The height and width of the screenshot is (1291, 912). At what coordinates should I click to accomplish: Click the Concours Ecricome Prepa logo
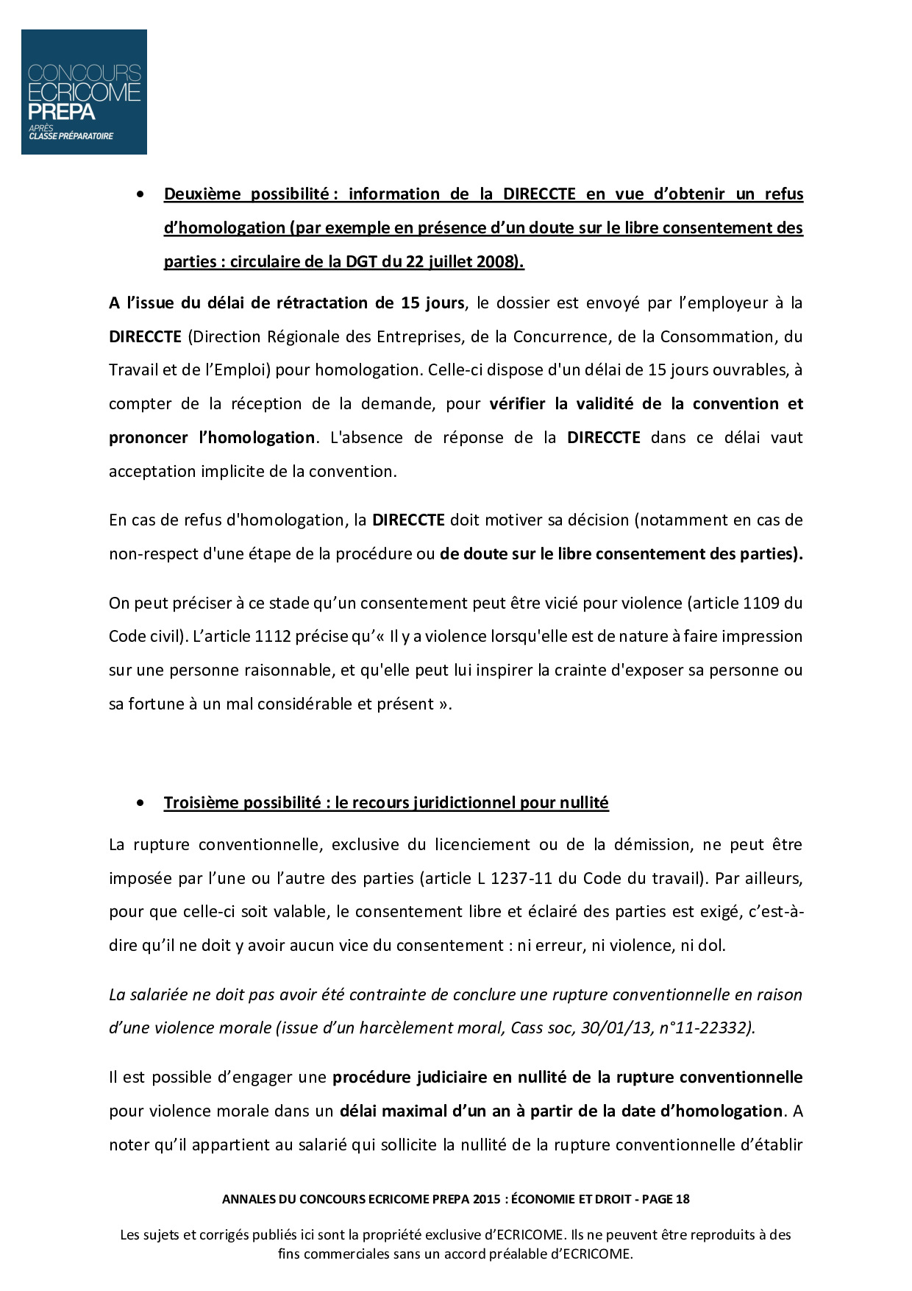pyautogui.click(x=84, y=92)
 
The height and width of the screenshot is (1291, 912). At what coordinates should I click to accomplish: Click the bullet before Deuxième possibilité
pyautogui.click(x=140, y=194)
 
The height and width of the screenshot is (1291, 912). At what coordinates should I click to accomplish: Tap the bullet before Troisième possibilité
pyautogui.click(x=140, y=803)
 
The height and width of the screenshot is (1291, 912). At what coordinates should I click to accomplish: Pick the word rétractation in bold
pyautogui.click(x=321, y=303)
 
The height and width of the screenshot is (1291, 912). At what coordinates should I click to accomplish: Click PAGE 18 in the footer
pyautogui.click(x=666, y=1199)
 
